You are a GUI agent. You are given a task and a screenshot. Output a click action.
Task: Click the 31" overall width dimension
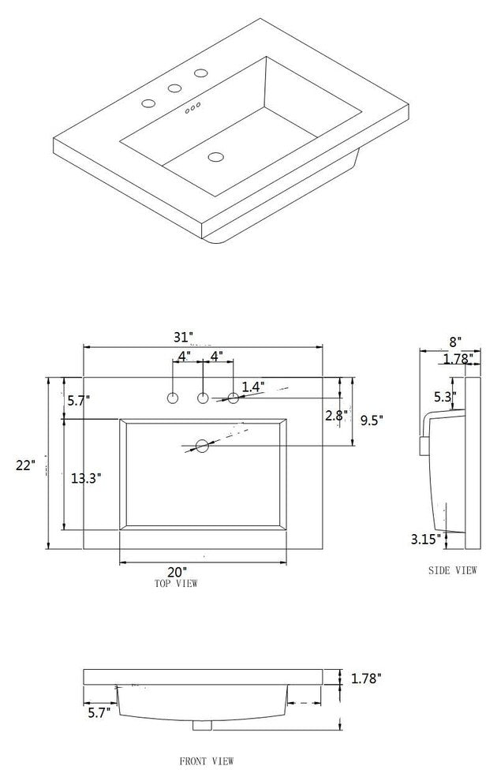[x=204, y=338]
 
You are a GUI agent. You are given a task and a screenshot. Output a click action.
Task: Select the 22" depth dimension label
[x=25, y=465]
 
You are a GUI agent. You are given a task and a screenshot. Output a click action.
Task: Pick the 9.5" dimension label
[x=372, y=420]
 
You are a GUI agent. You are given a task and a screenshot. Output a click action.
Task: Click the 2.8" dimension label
[x=334, y=416]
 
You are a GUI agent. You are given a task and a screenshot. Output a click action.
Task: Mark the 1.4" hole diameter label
[x=252, y=387]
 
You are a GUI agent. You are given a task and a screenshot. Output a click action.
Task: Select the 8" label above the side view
[x=455, y=342]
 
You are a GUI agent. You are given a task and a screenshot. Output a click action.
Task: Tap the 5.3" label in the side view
[x=443, y=396]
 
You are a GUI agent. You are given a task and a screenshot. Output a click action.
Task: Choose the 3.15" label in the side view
[x=425, y=540]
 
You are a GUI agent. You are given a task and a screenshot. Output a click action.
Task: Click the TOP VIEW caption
[x=176, y=584]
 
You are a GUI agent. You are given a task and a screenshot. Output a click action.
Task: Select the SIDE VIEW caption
[x=452, y=570]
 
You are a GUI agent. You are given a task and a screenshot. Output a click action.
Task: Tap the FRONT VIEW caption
[x=207, y=761]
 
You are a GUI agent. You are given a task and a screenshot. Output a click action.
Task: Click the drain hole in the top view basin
[x=202, y=447]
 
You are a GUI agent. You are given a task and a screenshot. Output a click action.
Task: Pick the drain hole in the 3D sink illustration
[x=215, y=157]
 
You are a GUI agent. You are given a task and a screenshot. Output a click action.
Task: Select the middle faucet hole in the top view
[x=203, y=398]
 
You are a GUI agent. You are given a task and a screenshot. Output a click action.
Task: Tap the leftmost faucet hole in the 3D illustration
[x=148, y=103]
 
